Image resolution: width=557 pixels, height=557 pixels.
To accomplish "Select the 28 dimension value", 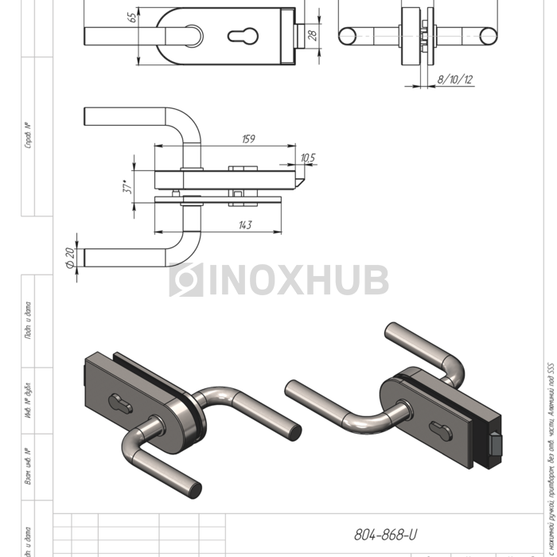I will (x=313, y=35).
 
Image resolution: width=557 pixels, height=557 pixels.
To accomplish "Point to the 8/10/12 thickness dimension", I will (x=454, y=80).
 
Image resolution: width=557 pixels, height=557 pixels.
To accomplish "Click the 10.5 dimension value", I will (x=307, y=158).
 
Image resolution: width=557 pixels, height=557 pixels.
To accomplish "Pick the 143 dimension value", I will (x=244, y=225).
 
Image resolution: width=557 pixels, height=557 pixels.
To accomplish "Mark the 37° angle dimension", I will (x=126, y=188).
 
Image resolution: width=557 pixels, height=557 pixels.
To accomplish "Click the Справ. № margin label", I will (x=29, y=136).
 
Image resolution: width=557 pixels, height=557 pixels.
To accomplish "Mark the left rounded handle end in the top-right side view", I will (x=346, y=36).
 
